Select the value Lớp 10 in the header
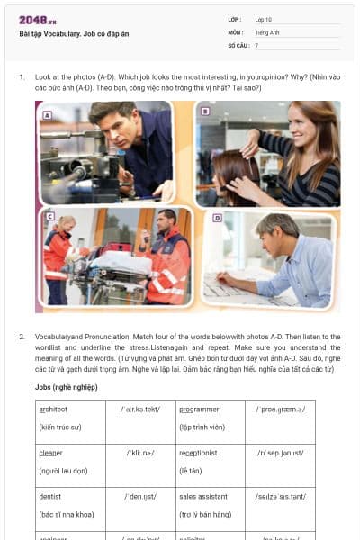tap(263, 19)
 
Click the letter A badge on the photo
tap(47, 114)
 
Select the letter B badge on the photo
tap(205, 112)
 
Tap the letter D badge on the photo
tap(217, 218)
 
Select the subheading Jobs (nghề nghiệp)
tap(67, 387)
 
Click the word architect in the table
tap(54, 409)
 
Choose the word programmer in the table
tap(199, 409)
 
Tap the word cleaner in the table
tap(51, 453)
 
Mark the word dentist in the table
tap(51, 496)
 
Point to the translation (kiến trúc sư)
tap(60, 427)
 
